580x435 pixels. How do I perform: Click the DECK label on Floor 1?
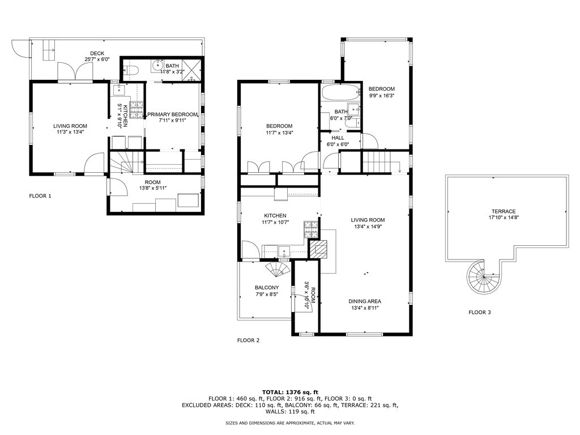tap(97, 54)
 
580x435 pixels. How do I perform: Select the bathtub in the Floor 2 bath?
tap(340, 92)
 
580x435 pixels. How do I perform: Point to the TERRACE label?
tap(504, 212)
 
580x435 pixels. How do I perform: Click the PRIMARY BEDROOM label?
tap(172, 114)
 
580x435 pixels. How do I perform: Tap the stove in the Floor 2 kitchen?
tap(312, 229)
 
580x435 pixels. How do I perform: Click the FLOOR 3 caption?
tap(479, 312)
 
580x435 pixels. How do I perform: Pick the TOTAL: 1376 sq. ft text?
tap(290, 392)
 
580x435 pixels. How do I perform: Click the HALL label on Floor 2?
tap(338, 138)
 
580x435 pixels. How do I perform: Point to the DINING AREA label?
tap(365, 301)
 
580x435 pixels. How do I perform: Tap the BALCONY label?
tap(267, 287)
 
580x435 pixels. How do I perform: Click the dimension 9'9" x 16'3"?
tap(382, 95)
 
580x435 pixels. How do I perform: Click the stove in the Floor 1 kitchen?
tap(136, 110)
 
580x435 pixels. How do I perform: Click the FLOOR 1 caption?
tap(40, 196)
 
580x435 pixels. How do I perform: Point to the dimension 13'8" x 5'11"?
tap(153, 188)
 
